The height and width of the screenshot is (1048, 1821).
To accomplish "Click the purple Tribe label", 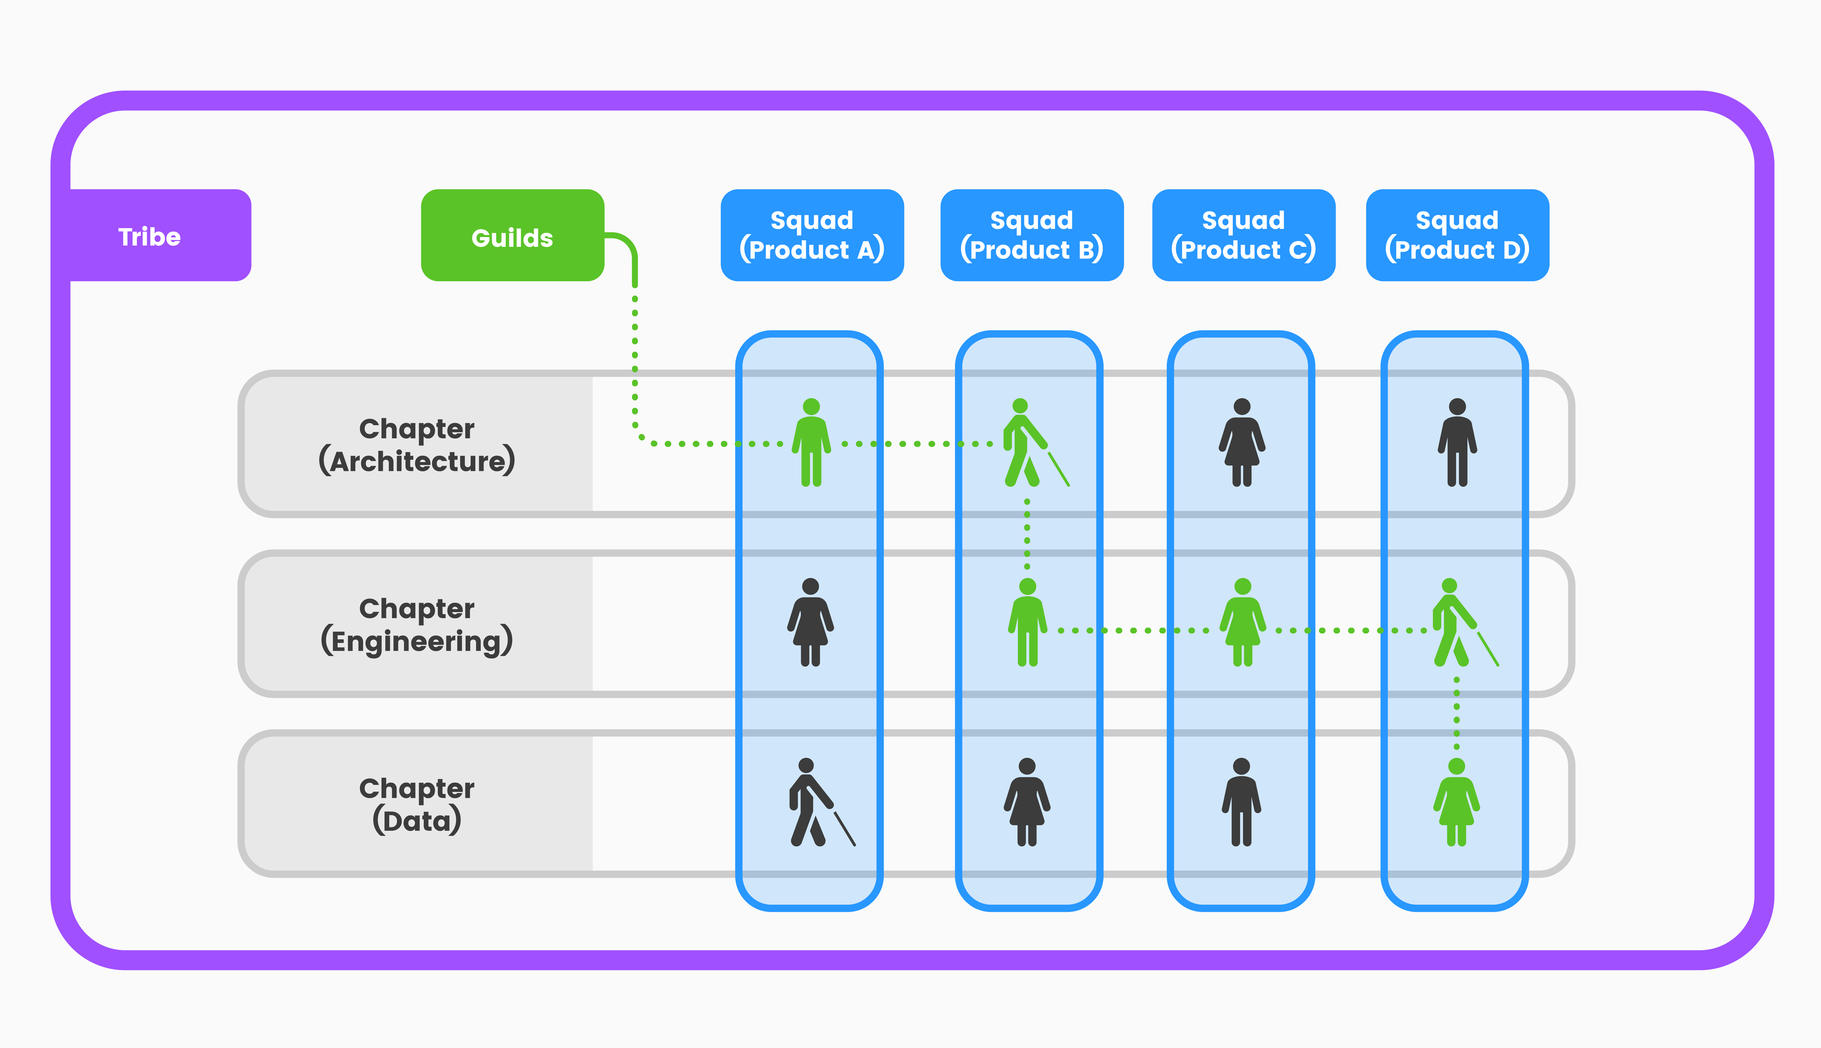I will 150,236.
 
